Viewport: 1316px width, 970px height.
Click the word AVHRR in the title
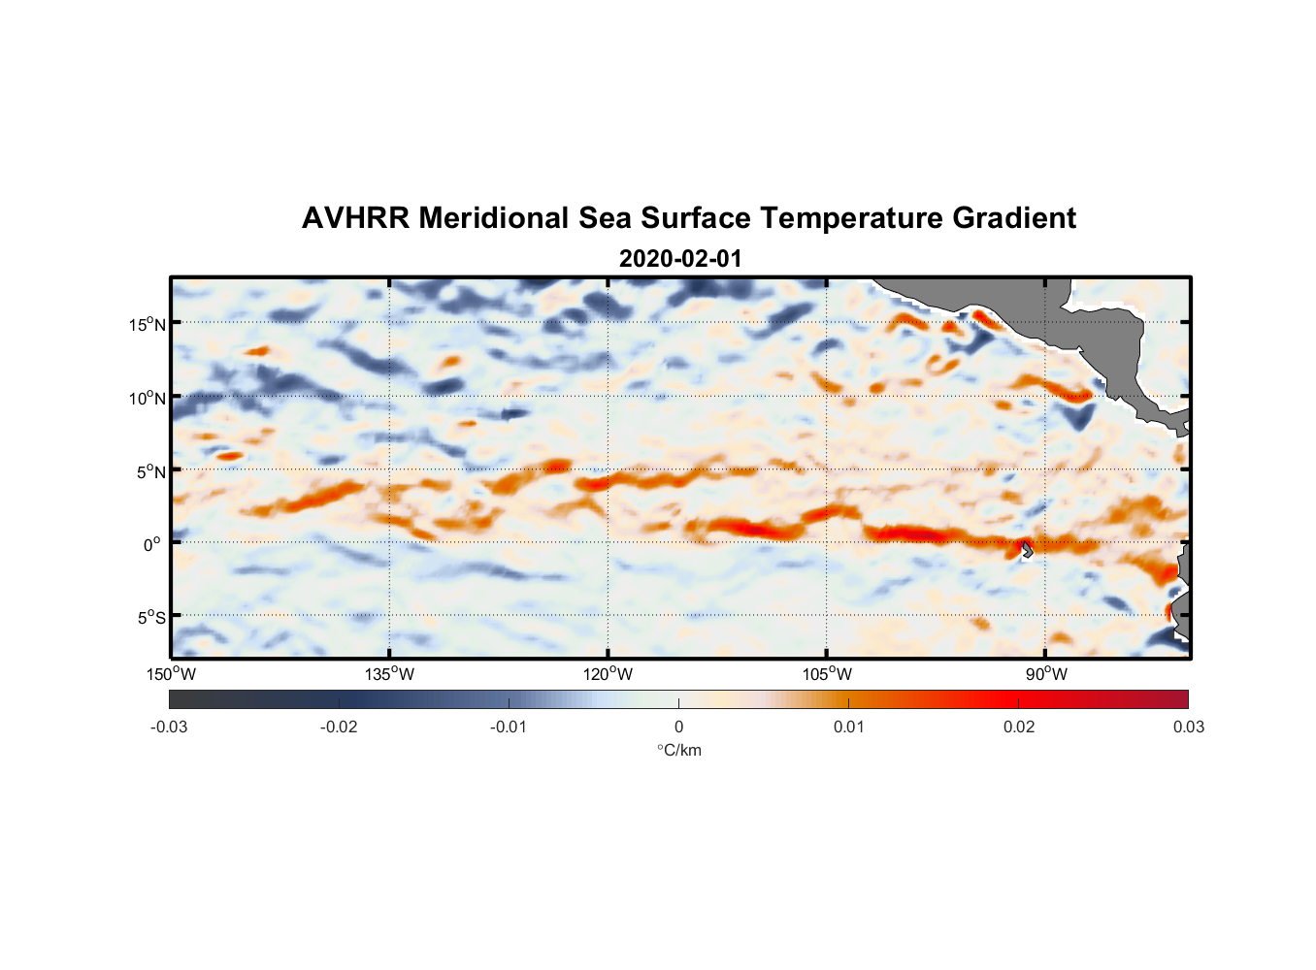tap(354, 218)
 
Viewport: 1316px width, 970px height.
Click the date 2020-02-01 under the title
tap(679, 259)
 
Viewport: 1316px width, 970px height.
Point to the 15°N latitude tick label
tap(148, 324)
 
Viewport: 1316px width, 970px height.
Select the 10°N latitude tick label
tap(148, 398)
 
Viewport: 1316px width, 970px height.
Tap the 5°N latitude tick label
tap(151, 471)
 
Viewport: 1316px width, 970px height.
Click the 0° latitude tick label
tap(152, 544)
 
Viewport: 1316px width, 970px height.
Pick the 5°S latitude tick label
tap(151, 618)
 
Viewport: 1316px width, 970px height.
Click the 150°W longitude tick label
tap(171, 674)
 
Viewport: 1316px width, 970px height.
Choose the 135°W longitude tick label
tap(389, 674)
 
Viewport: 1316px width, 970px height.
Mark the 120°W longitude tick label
tap(609, 674)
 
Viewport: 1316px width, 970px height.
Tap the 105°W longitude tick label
tap(827, 674)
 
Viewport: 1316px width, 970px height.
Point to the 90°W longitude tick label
tap(1046, 674)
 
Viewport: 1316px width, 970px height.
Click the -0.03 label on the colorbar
tap(169, 727)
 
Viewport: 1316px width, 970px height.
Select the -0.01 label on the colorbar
tap(508, 727)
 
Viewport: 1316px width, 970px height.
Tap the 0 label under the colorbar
tap(678, 727)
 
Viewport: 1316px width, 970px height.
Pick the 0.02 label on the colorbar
tap(1019, 727)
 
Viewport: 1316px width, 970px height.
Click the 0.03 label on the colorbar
tap(1188, 727)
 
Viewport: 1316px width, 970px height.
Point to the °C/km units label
tap(678, 750)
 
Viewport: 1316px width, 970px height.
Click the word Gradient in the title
tap(1013, 218)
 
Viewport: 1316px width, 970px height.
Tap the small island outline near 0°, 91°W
tap(1026, 549)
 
